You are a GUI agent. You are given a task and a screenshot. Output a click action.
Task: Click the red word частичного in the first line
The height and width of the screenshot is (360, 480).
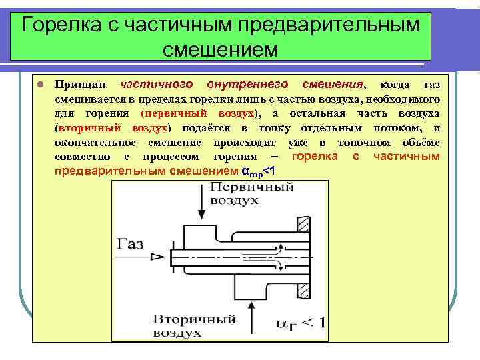coord(156,85)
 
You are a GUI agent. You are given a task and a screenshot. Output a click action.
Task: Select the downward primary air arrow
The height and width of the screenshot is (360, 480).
coord(200,203)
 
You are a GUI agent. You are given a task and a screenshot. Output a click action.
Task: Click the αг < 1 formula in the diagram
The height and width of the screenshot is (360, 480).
coord(300,324)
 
